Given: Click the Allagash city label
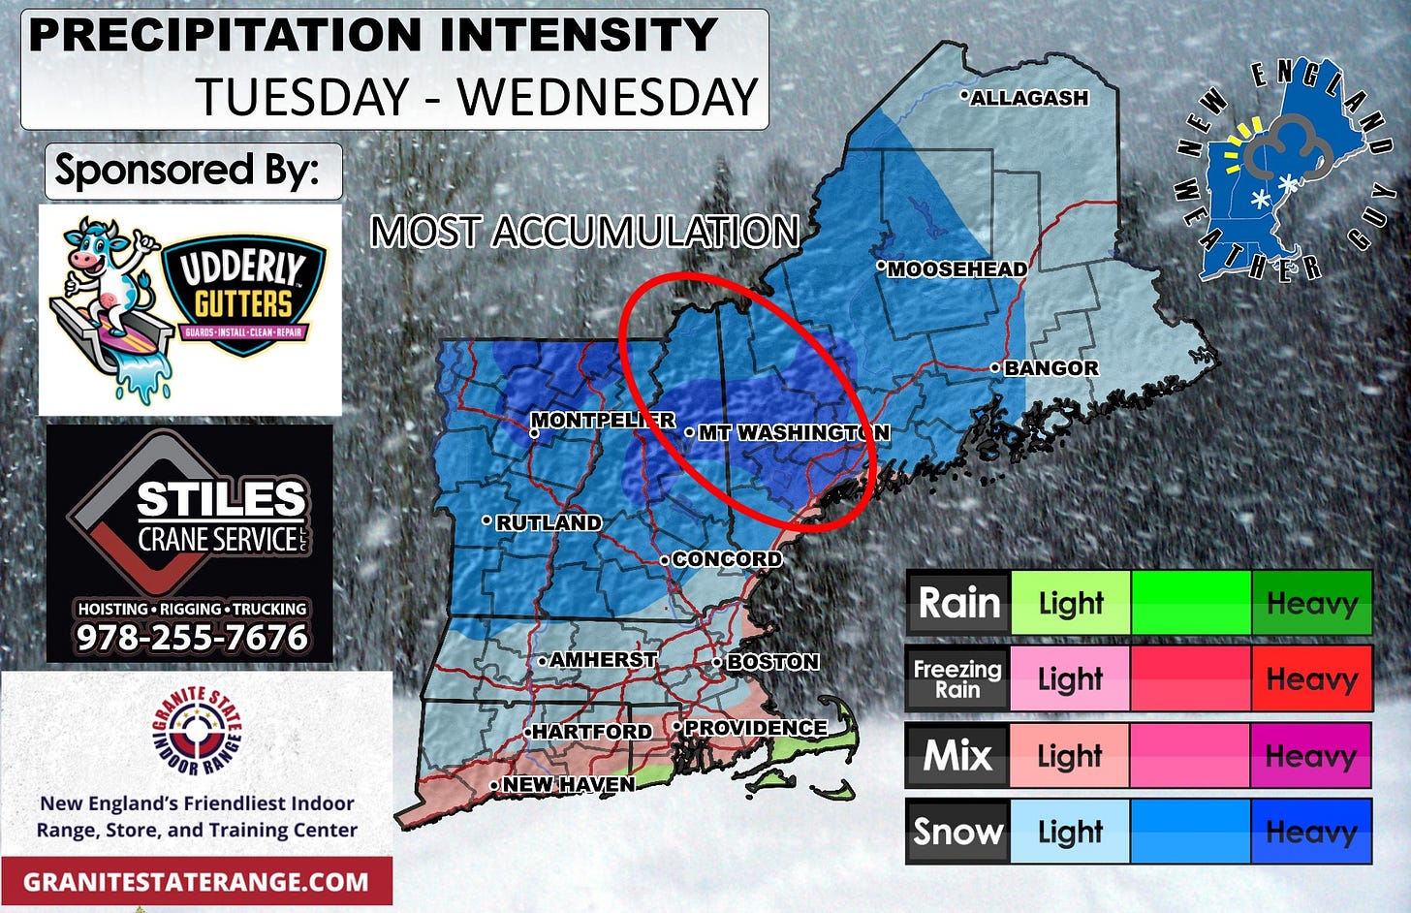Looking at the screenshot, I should pyautogui.click(x=1028, y=98).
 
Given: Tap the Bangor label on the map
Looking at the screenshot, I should pyautogui.click(x=1050, y=368).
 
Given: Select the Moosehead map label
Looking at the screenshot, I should pyautogui.click(x=956, y=269).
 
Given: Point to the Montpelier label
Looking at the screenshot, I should pyautogui.click(x=602, y=421).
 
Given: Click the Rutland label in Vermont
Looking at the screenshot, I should pyautogui.click(x=548, y=522).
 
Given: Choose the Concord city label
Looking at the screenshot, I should pyautogui.click(x=726, y=559).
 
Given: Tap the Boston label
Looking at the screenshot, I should pyautogui.click(x=772, y=662).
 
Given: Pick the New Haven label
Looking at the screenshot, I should pyautogui.click(x=568, y=784).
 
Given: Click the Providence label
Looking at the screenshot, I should pyautogui.click(x=755, y=728).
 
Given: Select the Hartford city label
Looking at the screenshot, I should pyautogui.click(x=591, y=732).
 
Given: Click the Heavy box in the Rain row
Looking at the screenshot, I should pyautogui.click(x=1311, y=603).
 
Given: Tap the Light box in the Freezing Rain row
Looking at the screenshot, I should pyautogui.click(x=1070, y=678).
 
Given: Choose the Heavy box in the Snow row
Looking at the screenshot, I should pyautogui.click(x=1311, y=832).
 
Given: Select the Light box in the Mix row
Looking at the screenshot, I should pyautogui.click(x=1070, y=755).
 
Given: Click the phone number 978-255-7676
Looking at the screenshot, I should pyautogui.click(x=192, y=638).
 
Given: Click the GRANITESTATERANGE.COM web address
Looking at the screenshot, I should pyautogui.click(x=196, y=882).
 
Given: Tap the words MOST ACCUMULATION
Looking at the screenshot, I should pyautogui.click(x=584, y=233).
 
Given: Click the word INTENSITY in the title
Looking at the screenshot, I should pyautogui.click(x=579, y=35).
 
